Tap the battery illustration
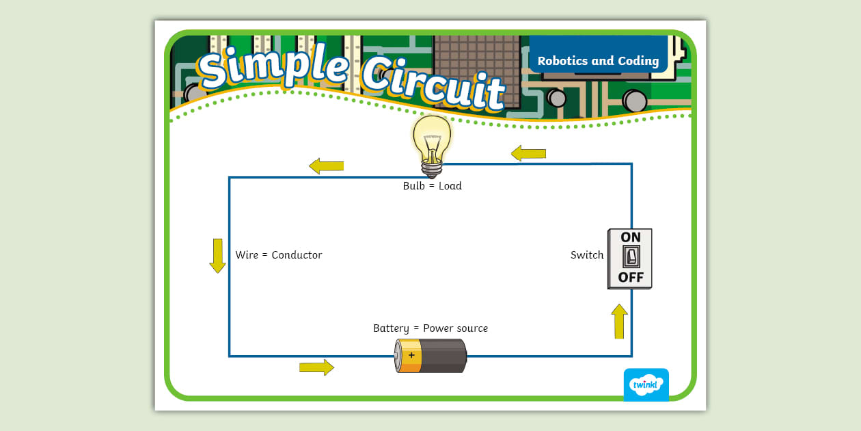pos(430,356)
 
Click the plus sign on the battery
pos(411,355)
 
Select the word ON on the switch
pos(630,237)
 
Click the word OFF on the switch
pos(630,277)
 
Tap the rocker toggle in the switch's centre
pos(630,257)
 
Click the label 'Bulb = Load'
pos(432,186)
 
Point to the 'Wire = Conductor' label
pos(279,255)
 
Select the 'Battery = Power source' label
pos(430,328)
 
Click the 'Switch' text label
pos(587,255)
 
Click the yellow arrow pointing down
pos(217,256)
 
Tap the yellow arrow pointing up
pos(619,322)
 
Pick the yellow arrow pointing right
pos(316,367)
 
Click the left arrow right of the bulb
pos(528,153)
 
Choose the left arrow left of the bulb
pos(326,166)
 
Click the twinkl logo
pos(646,384)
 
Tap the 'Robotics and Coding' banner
pos(598,61)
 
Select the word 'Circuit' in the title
pos(434,82)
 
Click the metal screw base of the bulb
pos(431,168)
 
